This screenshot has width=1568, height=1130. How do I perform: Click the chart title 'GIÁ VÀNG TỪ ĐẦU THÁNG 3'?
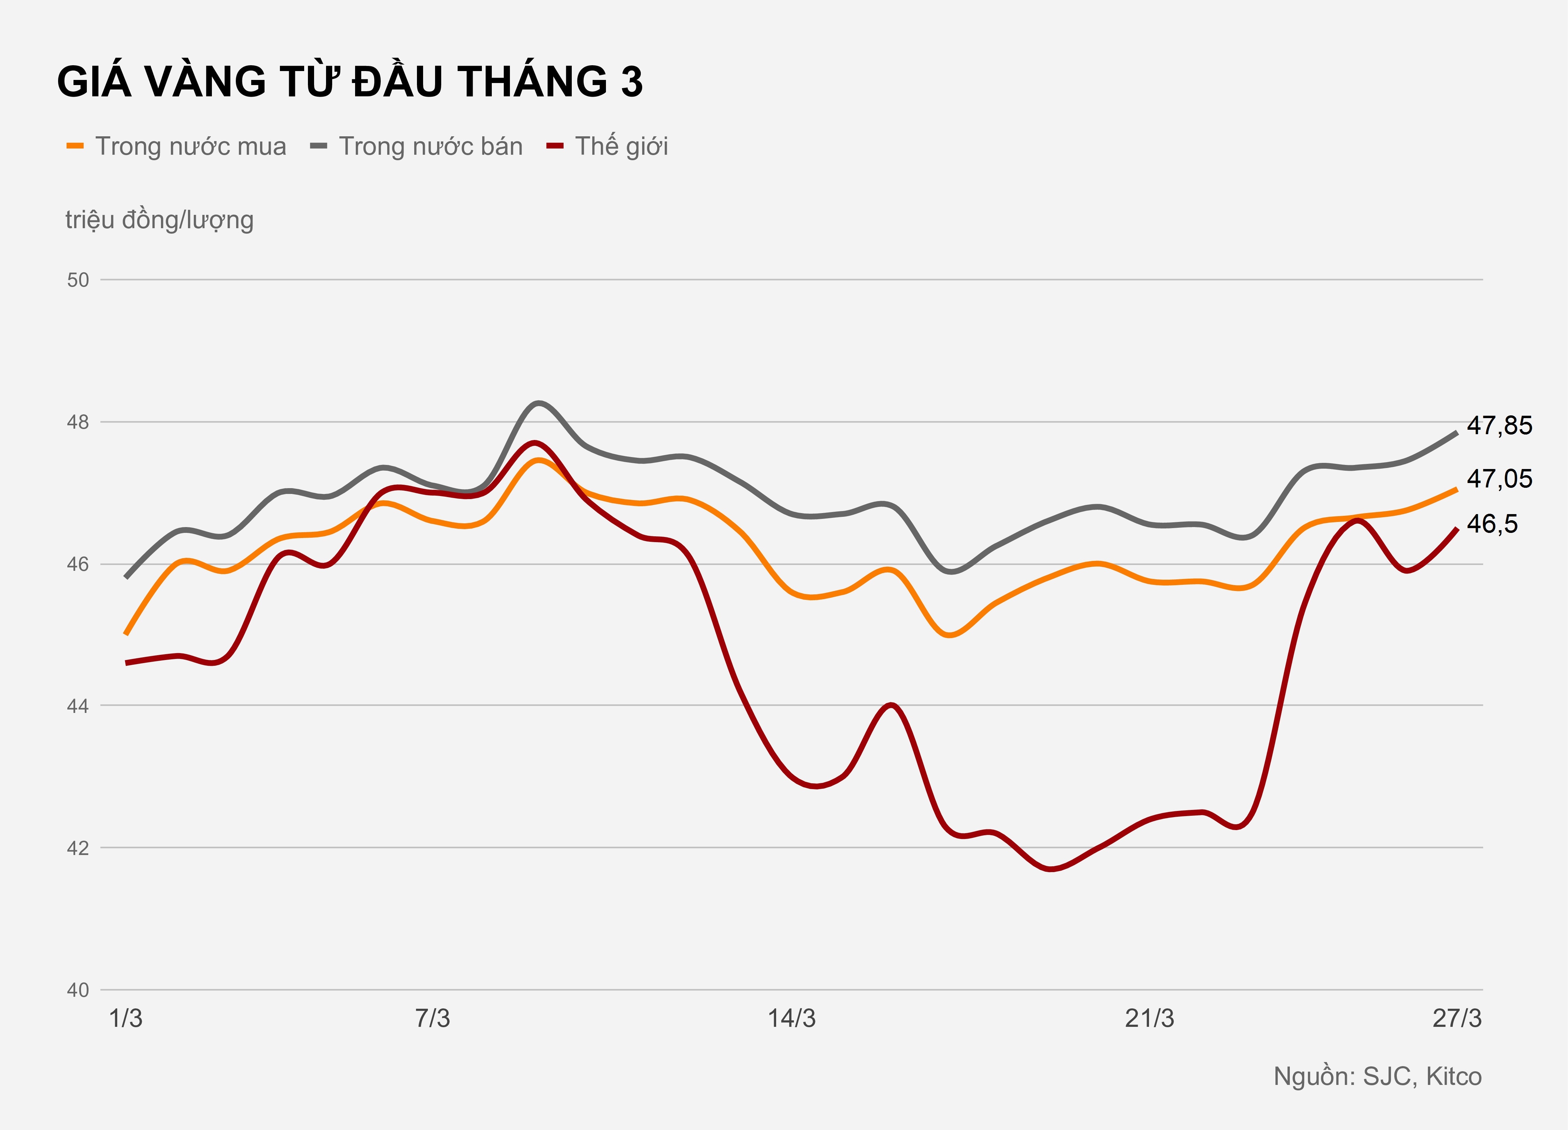click(350, 82)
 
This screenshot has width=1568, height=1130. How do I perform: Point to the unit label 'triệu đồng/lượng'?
click(160, 220)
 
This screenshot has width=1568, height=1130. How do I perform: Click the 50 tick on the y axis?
click(78, 280)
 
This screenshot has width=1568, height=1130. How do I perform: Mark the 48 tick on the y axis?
click(78, 422)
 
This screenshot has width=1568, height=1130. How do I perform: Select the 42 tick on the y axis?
click(78, 848)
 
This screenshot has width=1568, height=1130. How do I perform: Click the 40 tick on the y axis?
click(78, 990)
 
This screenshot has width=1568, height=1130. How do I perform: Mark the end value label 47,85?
click(1500, 426)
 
